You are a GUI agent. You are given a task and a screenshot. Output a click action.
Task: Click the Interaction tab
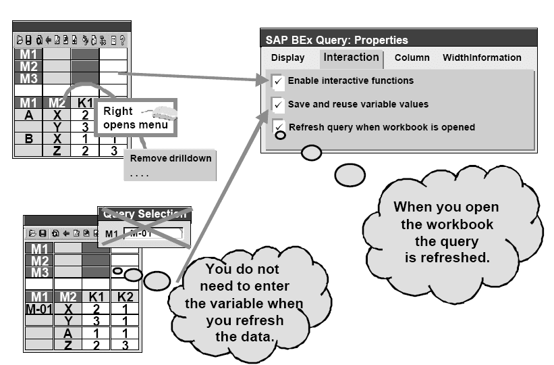(351, 57)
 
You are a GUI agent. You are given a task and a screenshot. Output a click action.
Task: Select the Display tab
(287, 58)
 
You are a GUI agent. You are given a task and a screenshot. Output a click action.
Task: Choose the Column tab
(412, 58)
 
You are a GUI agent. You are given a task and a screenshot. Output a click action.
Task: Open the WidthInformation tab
(482, 58)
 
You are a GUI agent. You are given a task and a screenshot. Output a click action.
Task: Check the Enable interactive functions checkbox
(277, 81)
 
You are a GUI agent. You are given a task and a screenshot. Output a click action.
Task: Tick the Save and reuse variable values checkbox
(277, 104)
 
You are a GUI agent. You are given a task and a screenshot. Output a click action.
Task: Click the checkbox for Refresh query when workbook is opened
(277, 126)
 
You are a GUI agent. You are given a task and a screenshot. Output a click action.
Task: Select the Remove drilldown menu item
(171, 158)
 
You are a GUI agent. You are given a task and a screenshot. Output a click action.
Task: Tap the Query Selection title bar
(144, 214)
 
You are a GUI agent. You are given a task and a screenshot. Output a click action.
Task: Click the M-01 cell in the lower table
(38, 309)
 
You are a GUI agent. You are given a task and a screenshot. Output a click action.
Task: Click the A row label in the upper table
(28, 115)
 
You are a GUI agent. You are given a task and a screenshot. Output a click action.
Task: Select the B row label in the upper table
(28, 139)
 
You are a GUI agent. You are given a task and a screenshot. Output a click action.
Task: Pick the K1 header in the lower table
(96, 297)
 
